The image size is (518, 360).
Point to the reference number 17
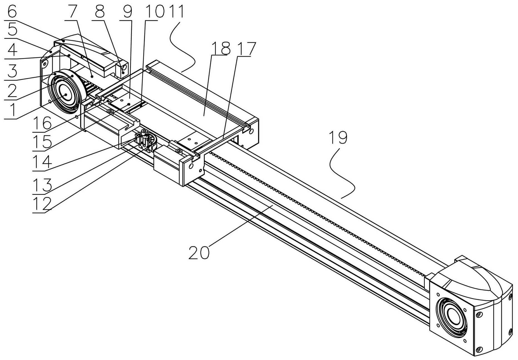[x=246, y=49]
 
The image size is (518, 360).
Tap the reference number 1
[x=10, y=110]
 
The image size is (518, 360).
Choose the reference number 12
[x=42, y=204]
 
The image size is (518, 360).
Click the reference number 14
[x=42, y=162]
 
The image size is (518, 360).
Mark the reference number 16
[x=42, y=123]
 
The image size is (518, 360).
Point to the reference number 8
[x=99, y=12]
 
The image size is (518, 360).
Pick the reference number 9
[x=127, y=12]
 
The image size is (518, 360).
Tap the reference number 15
[x=42, y=142]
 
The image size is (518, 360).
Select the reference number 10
[x=152, y=12]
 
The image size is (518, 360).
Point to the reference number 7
[x=72, y=12]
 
